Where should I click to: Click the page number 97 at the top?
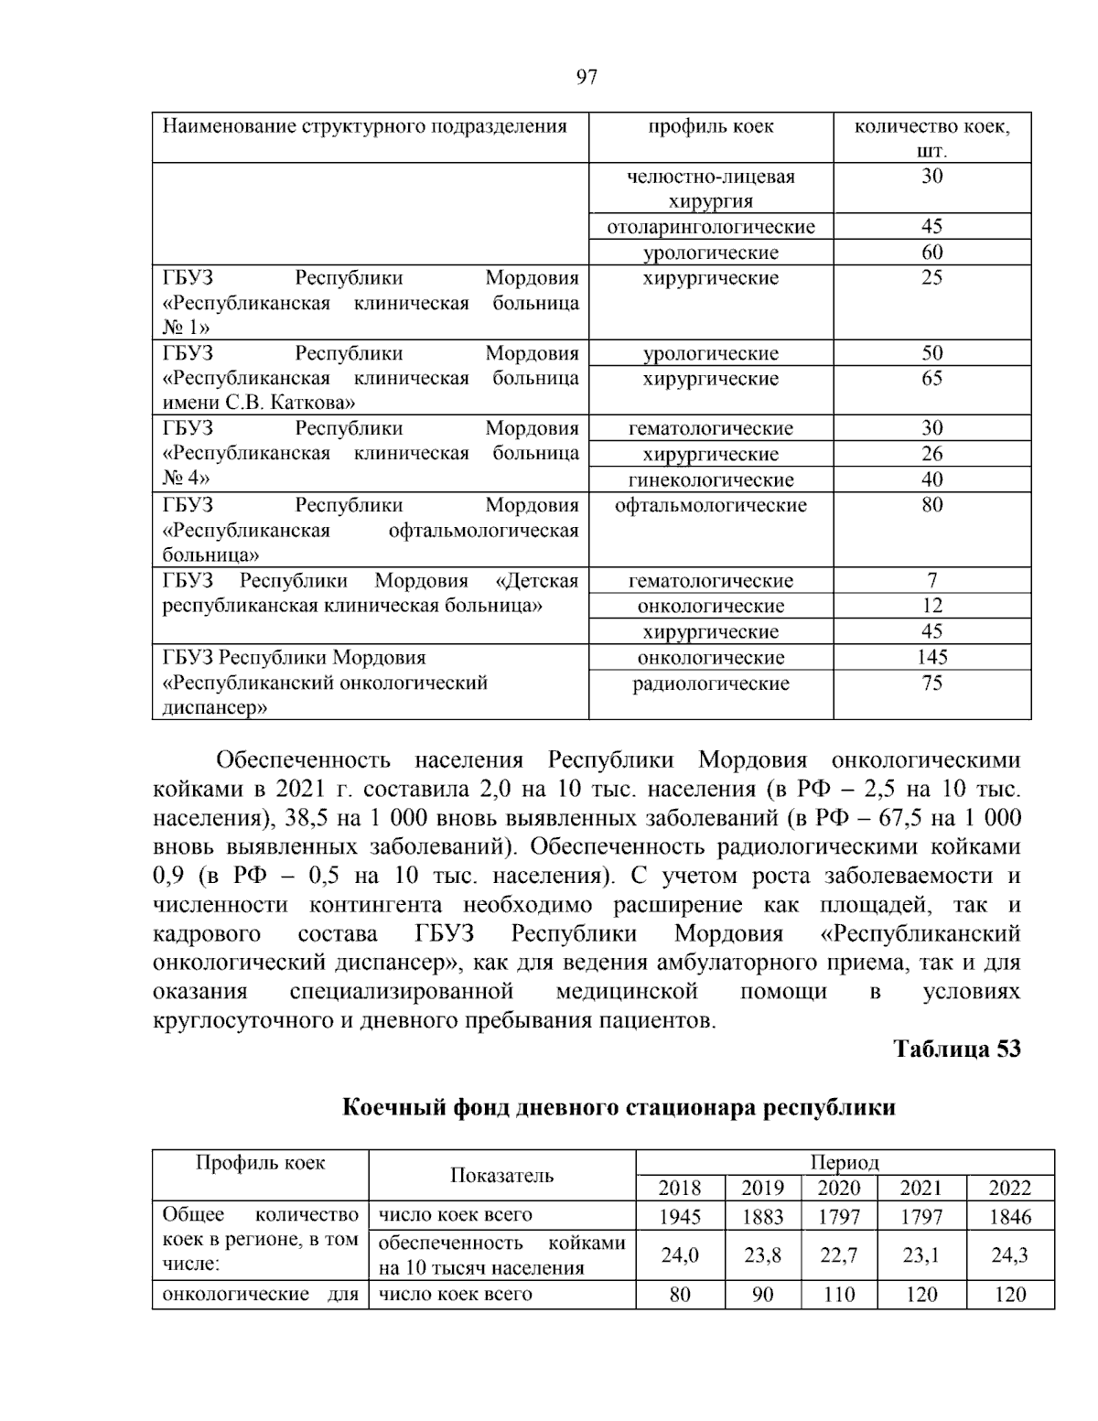587,78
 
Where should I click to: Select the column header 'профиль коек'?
711,126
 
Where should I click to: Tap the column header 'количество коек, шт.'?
931,137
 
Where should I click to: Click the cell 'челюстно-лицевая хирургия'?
711,188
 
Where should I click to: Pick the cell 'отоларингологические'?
711,227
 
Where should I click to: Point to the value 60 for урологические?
931,253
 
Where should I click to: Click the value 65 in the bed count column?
931,379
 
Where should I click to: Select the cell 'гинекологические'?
711,479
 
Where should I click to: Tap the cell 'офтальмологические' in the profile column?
711,505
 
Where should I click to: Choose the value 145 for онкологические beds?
931,657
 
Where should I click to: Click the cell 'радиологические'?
711,684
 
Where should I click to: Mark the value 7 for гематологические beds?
931,580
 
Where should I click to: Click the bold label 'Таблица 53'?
956,1049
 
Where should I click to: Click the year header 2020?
838,1188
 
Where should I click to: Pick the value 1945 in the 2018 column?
679,1216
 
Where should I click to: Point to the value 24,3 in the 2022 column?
1009,1255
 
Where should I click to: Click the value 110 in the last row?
838,1295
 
